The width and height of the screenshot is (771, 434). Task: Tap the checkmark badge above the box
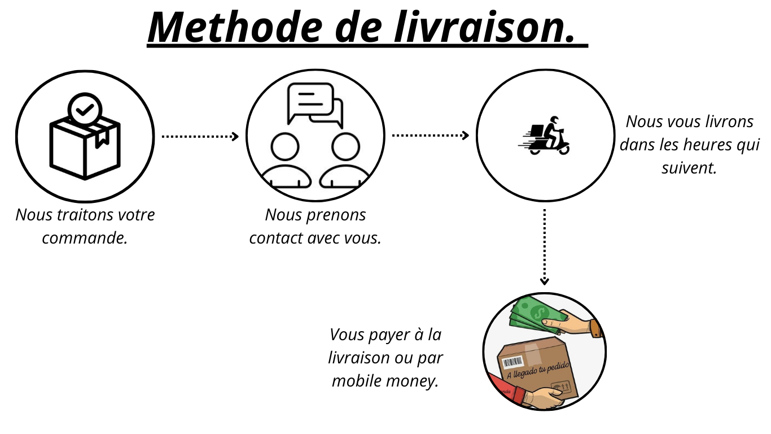85,109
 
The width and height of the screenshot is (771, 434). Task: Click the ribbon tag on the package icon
102,138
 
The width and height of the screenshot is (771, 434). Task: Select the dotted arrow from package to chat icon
200,137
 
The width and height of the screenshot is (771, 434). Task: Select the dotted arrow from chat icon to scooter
430,136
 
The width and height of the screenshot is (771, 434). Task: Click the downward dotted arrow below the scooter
545,247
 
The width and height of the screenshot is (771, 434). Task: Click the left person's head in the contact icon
285,146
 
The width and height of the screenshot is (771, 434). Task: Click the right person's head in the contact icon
345,146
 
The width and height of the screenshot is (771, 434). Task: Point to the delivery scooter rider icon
544,136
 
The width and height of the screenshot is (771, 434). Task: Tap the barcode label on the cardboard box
513,362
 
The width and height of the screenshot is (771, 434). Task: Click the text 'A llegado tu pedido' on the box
538,370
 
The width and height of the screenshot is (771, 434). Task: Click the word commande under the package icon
85,238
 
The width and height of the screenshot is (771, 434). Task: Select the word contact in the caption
276,238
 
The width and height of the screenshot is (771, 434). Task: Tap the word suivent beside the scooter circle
689,168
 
